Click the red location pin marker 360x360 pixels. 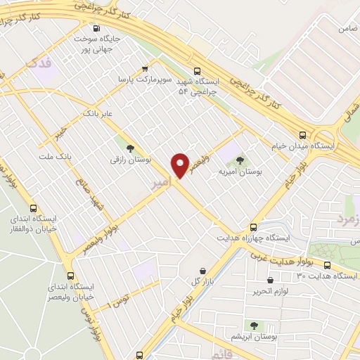[180, 165]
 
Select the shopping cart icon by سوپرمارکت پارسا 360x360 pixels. [145, 69]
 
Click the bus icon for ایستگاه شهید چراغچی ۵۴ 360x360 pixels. [197, 70]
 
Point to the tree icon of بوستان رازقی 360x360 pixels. [130, 147]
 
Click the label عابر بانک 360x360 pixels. [97, 112]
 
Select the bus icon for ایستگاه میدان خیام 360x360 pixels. [302, 135]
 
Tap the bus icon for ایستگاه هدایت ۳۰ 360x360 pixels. [328, 264]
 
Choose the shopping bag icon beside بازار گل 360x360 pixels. [203, 271]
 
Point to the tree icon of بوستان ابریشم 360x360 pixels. [254, 326]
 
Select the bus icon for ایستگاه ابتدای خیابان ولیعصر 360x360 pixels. [70, 275]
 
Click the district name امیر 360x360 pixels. [160, 184]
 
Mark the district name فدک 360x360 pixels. [39, 63]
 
